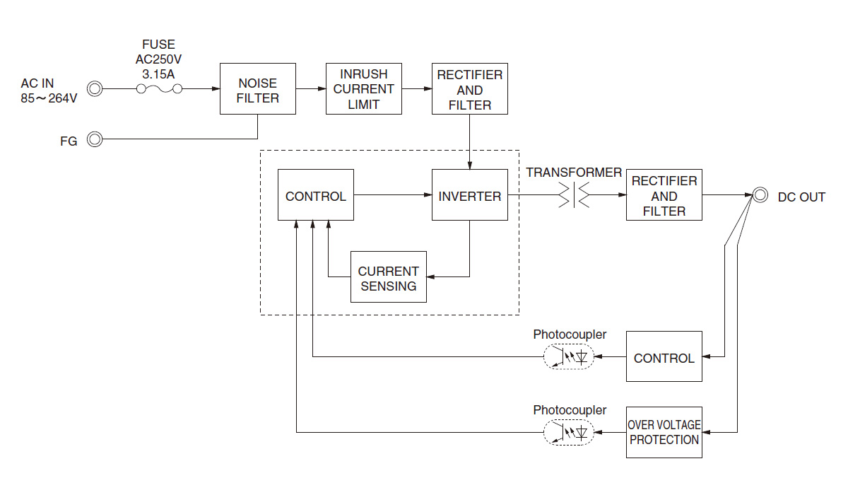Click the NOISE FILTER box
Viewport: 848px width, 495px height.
pos(257,89)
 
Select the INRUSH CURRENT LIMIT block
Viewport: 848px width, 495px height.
pos(364,89)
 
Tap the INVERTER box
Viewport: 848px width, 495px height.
pos(470,196)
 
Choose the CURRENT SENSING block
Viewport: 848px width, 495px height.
pos(389,277)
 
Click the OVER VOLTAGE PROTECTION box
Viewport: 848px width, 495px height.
pos(664,432)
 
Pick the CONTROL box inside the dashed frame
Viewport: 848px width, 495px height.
pos(316,196)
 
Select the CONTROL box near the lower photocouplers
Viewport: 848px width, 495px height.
pos(664,357)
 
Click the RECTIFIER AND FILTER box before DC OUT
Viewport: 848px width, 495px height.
pos(664,196)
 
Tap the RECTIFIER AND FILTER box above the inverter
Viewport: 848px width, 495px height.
pos(470,89)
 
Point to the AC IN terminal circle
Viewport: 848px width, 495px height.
pos(95,89)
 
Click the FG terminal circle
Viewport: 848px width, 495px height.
pos(95,139)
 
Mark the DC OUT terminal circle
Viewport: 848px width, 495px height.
pos(760,196)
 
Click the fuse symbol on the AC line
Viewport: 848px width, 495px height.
pos(159,89)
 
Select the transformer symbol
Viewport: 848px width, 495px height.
pos(572,196)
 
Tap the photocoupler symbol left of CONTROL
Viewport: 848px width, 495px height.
pos(569,357)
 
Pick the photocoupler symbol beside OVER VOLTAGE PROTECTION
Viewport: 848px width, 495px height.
pos(569,432)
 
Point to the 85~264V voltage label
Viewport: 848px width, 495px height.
pos(49,98)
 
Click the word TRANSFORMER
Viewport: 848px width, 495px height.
pos(574,173)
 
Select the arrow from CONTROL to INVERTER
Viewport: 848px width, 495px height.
pos(393,196)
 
